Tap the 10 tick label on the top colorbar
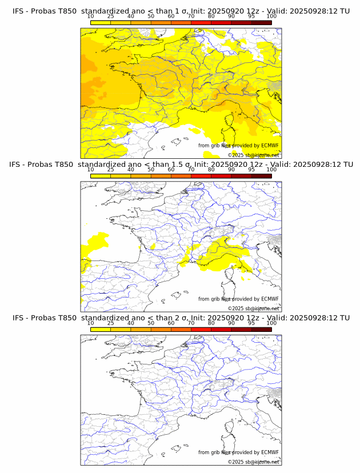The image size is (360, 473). [91, 17]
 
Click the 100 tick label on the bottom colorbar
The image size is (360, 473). [271, 323]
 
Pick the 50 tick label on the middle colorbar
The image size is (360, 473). [151, 170]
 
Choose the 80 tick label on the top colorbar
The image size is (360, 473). [211, 17]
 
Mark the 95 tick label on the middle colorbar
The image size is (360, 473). [251, 170]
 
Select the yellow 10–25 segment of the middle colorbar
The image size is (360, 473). [101, 176]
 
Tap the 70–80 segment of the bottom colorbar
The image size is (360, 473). [201, 329]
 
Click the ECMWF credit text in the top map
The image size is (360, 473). [238, 146]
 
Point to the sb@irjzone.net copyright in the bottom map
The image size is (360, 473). [254, 462]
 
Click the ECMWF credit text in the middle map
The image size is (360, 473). [238, 299]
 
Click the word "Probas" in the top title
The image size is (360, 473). [45, 11]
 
